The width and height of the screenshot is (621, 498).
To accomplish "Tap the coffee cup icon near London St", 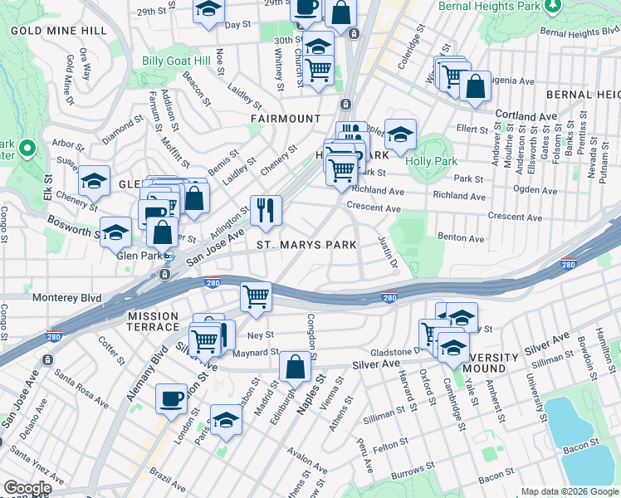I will [172, 398].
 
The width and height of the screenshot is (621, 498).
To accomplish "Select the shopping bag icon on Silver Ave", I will [296, 367].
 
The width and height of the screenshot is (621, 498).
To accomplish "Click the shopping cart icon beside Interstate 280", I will [257, 296].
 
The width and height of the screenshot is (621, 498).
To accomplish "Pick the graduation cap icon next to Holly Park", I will [400, 134].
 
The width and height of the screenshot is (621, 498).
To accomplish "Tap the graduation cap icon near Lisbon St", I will [226, 420].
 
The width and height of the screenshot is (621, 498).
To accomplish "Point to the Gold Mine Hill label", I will [59, 31].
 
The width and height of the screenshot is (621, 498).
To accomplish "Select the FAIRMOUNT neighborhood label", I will [286, 119].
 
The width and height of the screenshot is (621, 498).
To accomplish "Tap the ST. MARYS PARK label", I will [306, 245].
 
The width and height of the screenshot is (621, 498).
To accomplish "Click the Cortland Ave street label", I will [526, 115].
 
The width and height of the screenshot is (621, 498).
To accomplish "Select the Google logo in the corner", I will [27, 488].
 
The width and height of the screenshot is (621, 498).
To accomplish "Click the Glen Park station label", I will [138, 256].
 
